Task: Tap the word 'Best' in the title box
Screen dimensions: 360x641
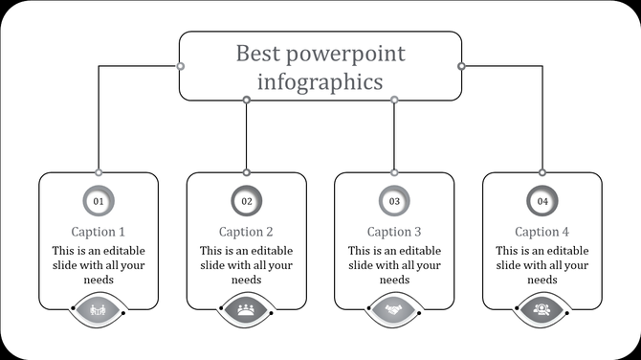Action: pyautogui.click(x=259, y=53)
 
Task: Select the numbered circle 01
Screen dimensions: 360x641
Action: pyautogui.click(x=99, y=201)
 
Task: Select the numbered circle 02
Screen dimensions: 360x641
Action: pyautogui.click(x=247, y=201)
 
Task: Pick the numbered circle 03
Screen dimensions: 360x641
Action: pyautogui.click(x=394, y=201)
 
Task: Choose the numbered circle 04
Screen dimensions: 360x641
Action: pyautogui.click(x=542, y=201)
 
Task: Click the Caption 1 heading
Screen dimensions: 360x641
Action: pyautogui.click(x=99, y=232)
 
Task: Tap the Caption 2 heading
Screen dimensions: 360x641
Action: pyautogui.click(x=247, y=232)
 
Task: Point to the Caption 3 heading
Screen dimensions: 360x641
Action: pyautogui.click(x=394, y=232)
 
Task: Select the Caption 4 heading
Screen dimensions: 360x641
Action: pyautogui.click(x=542, y=232)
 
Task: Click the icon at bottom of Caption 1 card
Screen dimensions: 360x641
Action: pyautogui.click(x=99, y=309)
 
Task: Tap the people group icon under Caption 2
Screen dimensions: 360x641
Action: pyautogui.click(x=247, y=309)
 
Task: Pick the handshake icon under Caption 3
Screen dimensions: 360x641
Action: pyautogui.click(x=394, y=309)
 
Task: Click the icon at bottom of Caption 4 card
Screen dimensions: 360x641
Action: pyautogui.click(x=542, y=309)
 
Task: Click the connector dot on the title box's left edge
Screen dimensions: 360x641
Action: pyautogui.click(x=180, y=66)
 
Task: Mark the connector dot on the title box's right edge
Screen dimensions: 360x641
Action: pyautogui.click(x=461, y=66)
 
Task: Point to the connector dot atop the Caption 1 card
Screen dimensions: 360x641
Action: pyautogui.click(x=99, y=172)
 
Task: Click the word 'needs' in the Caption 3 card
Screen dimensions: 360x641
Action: pyautogui.click(x=394, y=280)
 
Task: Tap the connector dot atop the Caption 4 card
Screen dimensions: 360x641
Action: pyautogui.click(x=542, y=172)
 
